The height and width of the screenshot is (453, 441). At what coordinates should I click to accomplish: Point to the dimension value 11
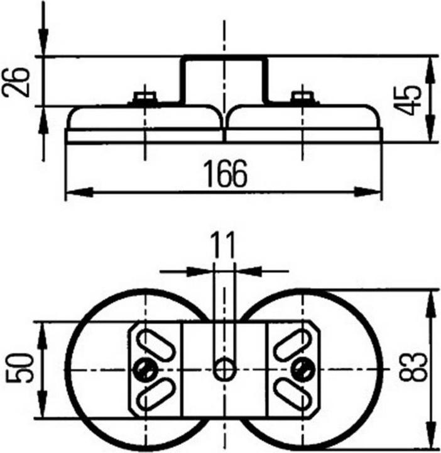click(x=223, y=246)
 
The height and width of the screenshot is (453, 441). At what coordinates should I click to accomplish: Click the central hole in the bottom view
click(x=224, y=369)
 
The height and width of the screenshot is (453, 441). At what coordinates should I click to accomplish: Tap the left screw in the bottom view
click(x=147, y=369)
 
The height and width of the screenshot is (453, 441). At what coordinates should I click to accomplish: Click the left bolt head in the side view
click(x=146, y=98)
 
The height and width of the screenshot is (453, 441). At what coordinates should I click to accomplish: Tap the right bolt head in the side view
click(x=302, y=98)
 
